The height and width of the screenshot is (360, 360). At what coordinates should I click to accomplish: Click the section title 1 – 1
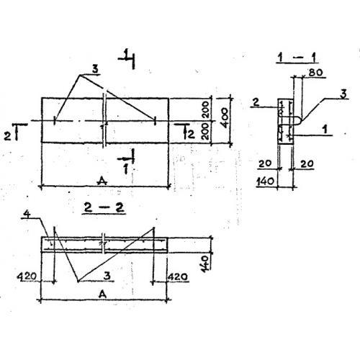tap(297, 58)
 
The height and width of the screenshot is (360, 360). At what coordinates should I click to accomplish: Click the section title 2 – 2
tap(104, 207)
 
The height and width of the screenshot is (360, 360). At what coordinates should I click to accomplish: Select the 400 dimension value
tap(225, 118)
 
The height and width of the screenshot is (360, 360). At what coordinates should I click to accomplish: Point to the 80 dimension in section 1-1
tap(315, 72)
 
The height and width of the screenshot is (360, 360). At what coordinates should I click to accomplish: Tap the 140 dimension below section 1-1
tap(266, 181)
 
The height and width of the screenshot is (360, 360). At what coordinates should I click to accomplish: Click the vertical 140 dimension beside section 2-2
tap(205, 264)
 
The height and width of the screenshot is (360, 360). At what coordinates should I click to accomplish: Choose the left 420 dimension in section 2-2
tap(27, 276)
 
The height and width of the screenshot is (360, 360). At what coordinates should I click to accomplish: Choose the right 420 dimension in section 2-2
tap(178, 277)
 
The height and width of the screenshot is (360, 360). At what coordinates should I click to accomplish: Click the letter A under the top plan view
tap(102, 181)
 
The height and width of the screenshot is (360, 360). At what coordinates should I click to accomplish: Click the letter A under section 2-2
tap(102, 294)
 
